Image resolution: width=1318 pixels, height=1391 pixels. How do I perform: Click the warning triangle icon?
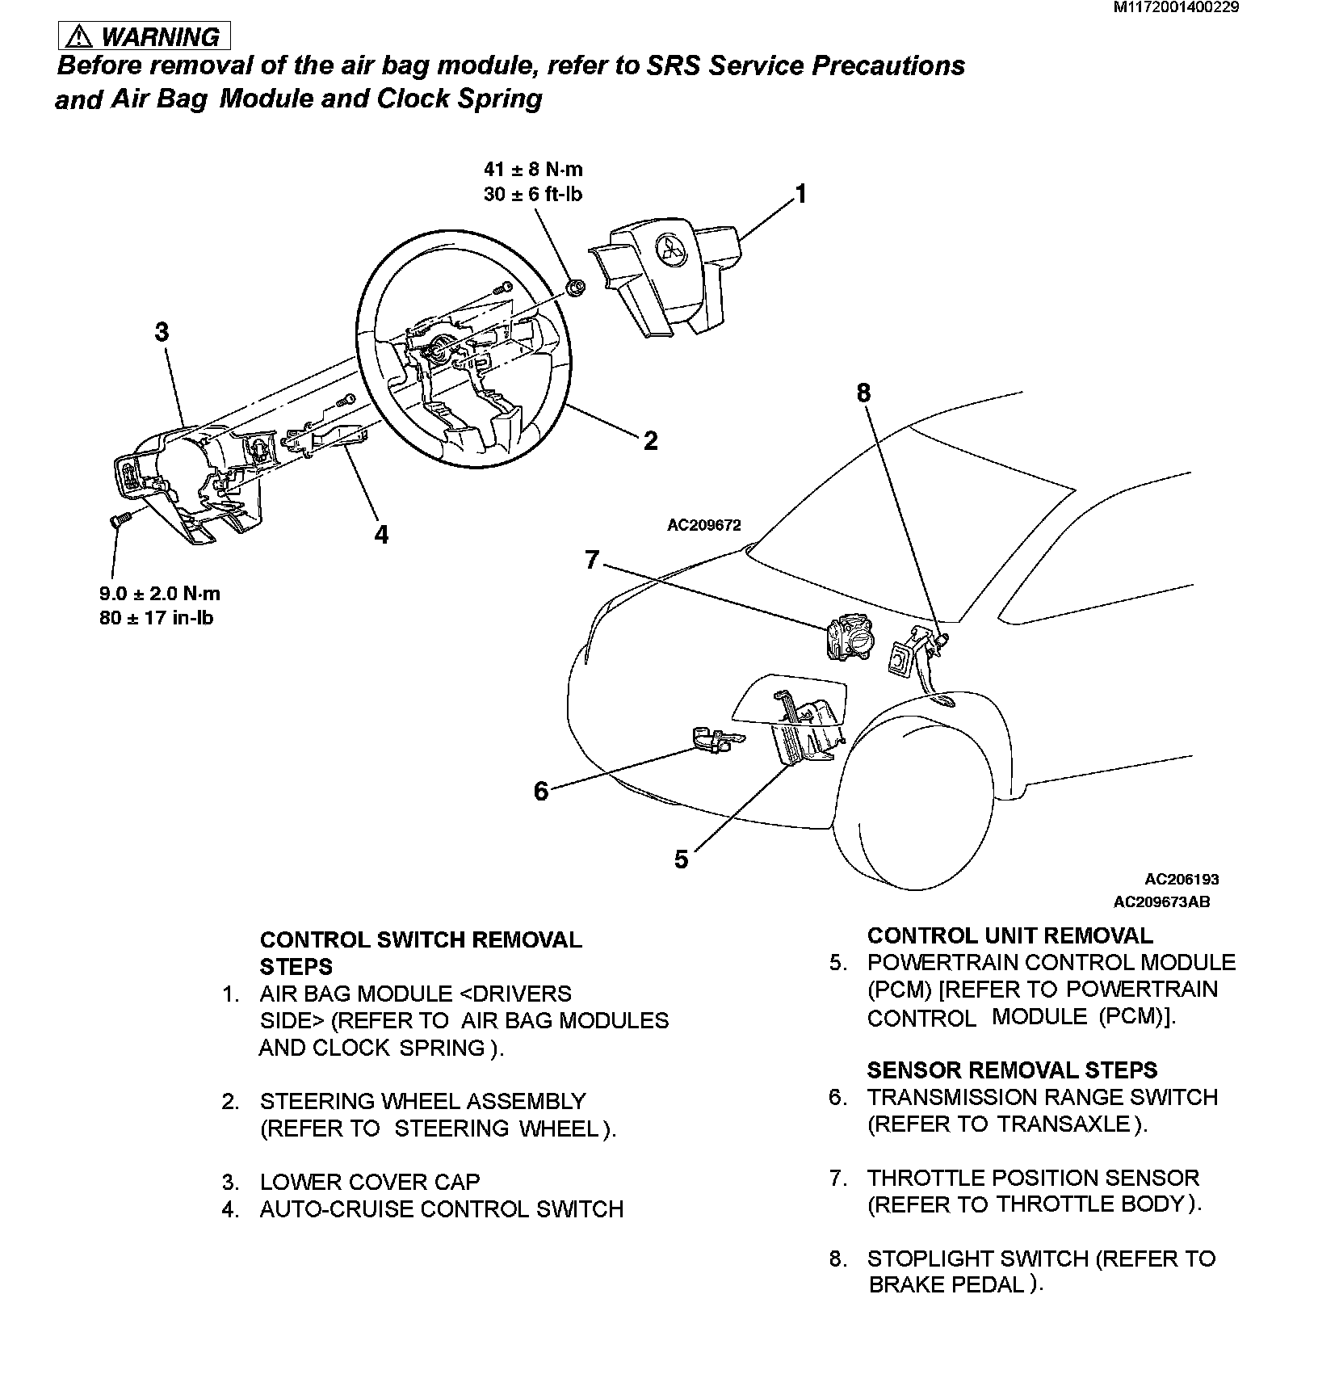point(81,37)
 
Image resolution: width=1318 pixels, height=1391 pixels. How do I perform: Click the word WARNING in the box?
point(161,37)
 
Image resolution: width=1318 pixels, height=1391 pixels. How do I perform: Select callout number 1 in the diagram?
point(800,194)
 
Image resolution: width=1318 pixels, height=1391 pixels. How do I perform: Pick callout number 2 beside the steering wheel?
point(651,440)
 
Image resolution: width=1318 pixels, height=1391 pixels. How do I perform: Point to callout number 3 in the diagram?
point(162,332)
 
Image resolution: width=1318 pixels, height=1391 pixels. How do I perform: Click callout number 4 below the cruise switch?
point(381,534)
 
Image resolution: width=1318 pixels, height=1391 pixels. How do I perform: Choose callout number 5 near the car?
point(682,859)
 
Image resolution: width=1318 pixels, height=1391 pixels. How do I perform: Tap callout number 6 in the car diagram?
point(540,791)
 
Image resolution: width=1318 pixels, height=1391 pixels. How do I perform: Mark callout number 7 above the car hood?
point(592,559)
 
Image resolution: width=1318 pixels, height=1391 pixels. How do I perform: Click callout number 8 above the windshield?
point(863,393)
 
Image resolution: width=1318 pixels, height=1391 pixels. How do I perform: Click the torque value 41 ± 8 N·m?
point(533,170)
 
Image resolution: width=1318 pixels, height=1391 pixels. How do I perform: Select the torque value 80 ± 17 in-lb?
point(157,620)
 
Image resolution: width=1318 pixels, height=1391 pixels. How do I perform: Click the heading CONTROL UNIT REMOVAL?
point(1009,935)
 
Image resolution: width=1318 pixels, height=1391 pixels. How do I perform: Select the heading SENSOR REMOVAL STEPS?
point(1012,1070)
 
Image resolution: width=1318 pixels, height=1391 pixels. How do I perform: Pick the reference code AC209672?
point(703,525)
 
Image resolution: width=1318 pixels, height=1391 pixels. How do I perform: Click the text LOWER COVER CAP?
point(369,1182)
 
